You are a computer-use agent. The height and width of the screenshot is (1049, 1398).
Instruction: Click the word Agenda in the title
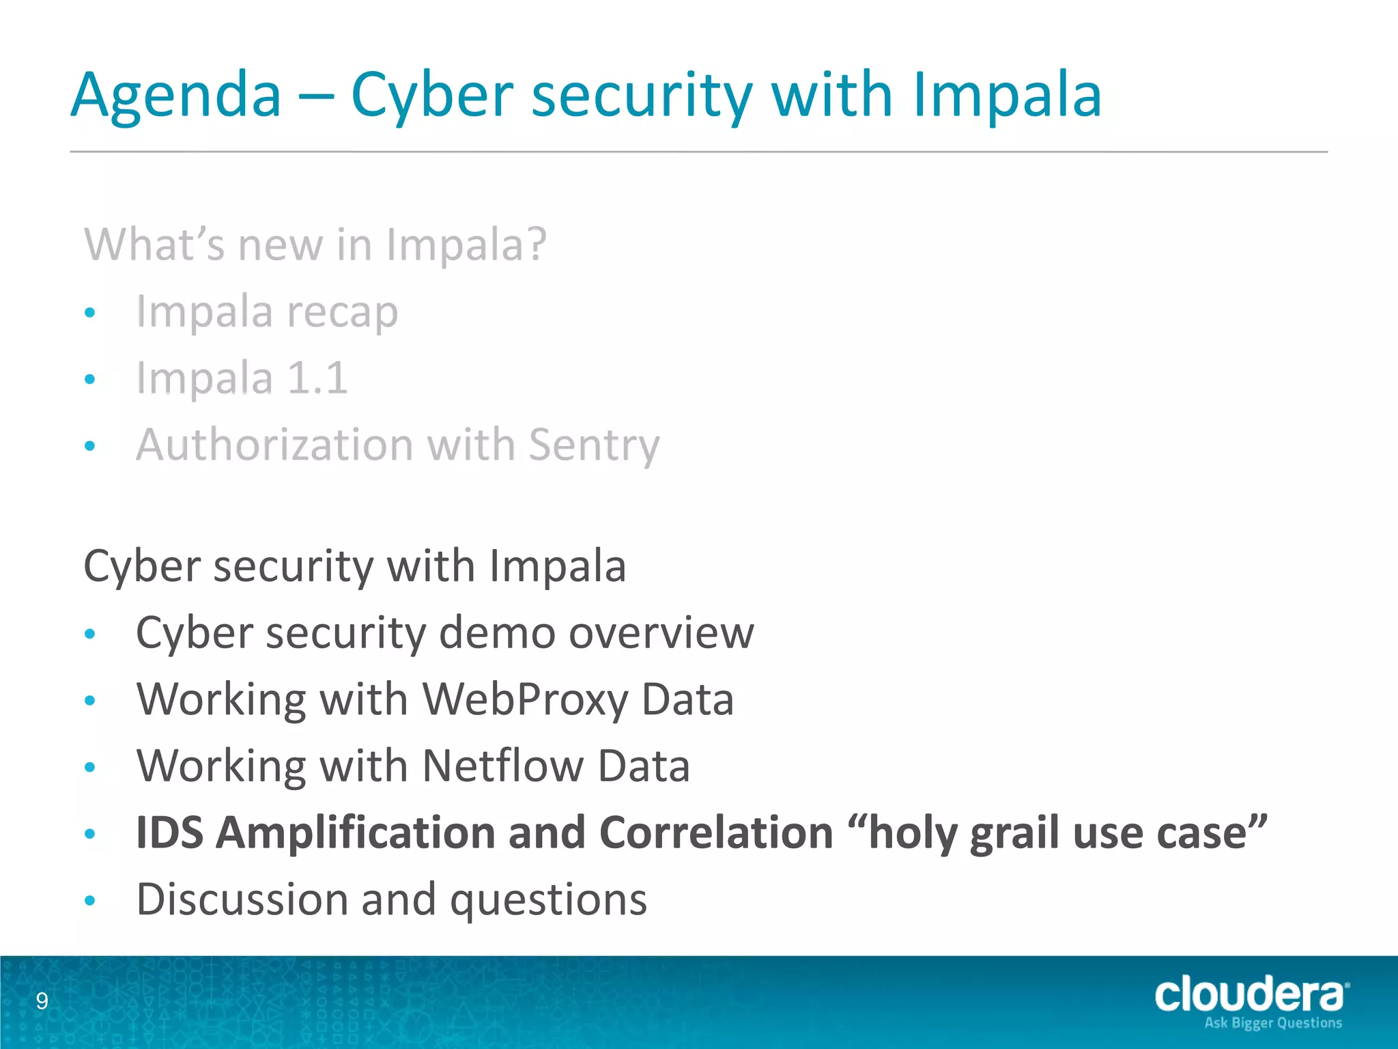point(175,96)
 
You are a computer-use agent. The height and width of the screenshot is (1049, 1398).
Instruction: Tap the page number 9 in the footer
point(42,1001)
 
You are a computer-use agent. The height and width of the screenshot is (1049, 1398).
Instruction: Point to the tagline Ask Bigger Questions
point(1273,1023)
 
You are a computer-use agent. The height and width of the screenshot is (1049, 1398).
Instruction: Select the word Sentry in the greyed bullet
point(594,445)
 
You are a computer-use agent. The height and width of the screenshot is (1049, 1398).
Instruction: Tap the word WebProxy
point(525,699)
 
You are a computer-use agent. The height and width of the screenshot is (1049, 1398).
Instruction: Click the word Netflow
point(502,766)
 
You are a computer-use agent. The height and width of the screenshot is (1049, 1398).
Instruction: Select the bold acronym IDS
point(169,833)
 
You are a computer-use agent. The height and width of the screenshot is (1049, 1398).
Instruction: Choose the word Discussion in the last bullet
point(242,899)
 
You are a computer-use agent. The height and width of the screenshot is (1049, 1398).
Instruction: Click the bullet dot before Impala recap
point(89,313)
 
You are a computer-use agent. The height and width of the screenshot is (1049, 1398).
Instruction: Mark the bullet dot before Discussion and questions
point(89,901)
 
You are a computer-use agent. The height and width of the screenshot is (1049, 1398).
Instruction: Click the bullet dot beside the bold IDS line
point(89,834)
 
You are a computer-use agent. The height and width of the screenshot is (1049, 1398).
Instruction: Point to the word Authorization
point(276,445)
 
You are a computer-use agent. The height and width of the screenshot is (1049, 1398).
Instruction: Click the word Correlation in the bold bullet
point(716,833)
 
